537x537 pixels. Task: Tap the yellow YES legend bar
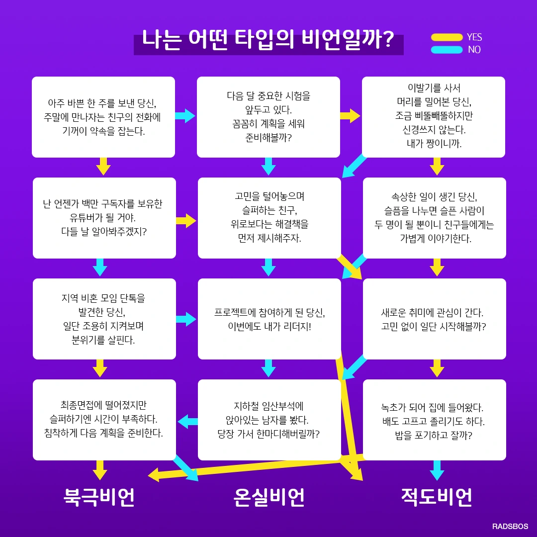447,37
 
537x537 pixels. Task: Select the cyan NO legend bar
447,50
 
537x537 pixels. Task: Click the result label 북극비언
99,497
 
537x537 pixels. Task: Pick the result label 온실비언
268,497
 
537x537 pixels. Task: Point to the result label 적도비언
437,497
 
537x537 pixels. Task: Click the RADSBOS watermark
510,526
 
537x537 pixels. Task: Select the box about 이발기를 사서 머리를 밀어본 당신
433,117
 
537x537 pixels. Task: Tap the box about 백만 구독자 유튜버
104,218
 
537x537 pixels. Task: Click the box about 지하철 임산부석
269,420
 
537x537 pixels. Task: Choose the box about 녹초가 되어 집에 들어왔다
434,420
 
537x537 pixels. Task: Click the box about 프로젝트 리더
269,319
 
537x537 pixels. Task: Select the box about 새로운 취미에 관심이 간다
434,319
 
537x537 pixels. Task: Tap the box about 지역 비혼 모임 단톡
104,319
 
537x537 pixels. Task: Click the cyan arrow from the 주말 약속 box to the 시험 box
185,116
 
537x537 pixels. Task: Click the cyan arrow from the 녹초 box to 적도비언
437,470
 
